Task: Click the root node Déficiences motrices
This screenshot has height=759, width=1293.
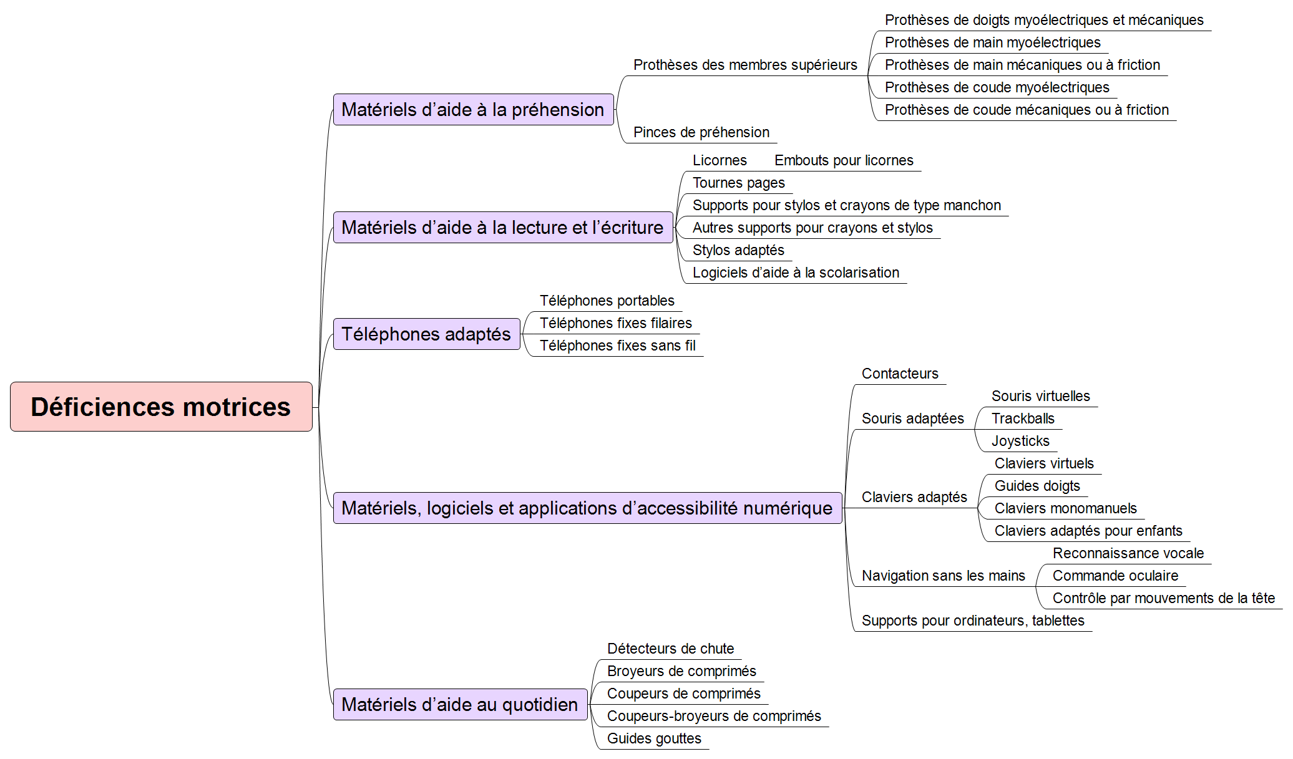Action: [x=161, y=407]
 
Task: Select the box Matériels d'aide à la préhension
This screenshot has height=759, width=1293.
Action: [x=474, y=110]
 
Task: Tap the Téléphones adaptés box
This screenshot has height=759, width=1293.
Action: [x=427, y=334]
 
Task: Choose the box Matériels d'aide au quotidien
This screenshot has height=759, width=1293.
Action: [x=461, y=705]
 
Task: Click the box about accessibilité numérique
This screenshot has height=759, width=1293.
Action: [x=588, y=508]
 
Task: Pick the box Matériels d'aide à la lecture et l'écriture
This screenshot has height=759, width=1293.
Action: [x=503, y=228]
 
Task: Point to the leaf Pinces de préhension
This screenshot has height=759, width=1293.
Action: [x=701, y=132]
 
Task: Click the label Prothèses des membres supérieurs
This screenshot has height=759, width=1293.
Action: [x=745, y=65]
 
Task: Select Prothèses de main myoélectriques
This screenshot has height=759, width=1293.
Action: [x=993, y=42]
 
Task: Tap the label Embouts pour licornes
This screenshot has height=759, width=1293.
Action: [x=844, y=160]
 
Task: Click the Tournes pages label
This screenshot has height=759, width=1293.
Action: [x=739, y=183]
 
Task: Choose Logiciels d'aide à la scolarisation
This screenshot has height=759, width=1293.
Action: [x=796, y=273]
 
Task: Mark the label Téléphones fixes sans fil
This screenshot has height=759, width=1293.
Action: [x=618, y=346]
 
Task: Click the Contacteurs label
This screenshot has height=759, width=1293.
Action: [x=900, y=374]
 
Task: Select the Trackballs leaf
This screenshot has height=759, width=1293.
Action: [x=1023, y=418]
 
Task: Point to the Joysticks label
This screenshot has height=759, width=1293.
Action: [x=1020, y=441]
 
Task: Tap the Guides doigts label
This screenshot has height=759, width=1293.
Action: [x=1037, y=486]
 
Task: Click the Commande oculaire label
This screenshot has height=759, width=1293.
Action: [x=1115, y=576]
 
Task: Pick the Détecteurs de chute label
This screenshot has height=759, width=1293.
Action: [x=670, y=649]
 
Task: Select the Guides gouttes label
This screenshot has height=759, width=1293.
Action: [x=654, y=738]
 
